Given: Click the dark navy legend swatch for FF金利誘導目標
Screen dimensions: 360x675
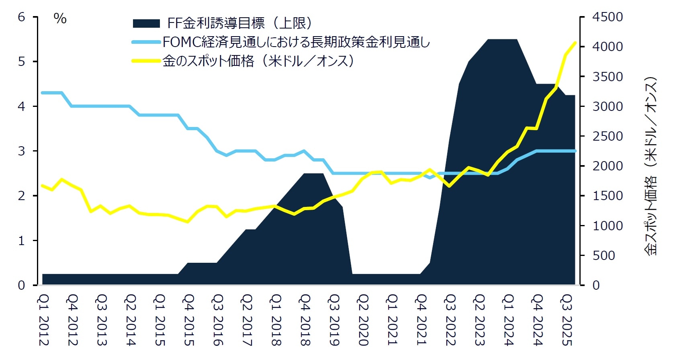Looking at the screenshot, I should tap(146, 23).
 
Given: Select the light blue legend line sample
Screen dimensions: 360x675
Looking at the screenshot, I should tap(146, 42).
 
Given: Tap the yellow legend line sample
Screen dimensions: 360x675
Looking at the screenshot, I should tap(146, 61).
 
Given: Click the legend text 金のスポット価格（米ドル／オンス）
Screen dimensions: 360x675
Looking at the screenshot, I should tap(258, 61).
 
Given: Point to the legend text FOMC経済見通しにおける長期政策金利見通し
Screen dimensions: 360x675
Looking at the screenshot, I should tap(296, 42).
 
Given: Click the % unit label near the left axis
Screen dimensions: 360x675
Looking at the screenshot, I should tap(60, 18).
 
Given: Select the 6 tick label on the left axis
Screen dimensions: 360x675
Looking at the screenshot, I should tap(22, 17).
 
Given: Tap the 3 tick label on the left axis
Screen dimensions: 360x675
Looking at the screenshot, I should tap(22, 151).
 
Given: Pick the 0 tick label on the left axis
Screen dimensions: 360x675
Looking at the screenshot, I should tap(22, 285).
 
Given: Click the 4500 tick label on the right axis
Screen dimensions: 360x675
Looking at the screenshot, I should tap(607, 17).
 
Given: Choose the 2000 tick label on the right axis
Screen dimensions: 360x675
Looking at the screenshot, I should tap(607, 166).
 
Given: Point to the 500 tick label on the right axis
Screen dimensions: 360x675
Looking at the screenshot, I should tap(603, 256).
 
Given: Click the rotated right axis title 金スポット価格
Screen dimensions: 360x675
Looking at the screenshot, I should tap(650, 166).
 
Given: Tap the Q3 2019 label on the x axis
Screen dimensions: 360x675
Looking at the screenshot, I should tap(334, 320).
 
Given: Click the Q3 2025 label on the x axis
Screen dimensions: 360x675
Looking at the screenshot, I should tap(567, 320).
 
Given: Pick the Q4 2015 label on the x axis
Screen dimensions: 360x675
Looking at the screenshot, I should tap(189, 320).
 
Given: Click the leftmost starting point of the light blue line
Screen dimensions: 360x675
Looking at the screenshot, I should tap(43, 93).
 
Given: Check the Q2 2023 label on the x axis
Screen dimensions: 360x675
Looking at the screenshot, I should tap(479, 320).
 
